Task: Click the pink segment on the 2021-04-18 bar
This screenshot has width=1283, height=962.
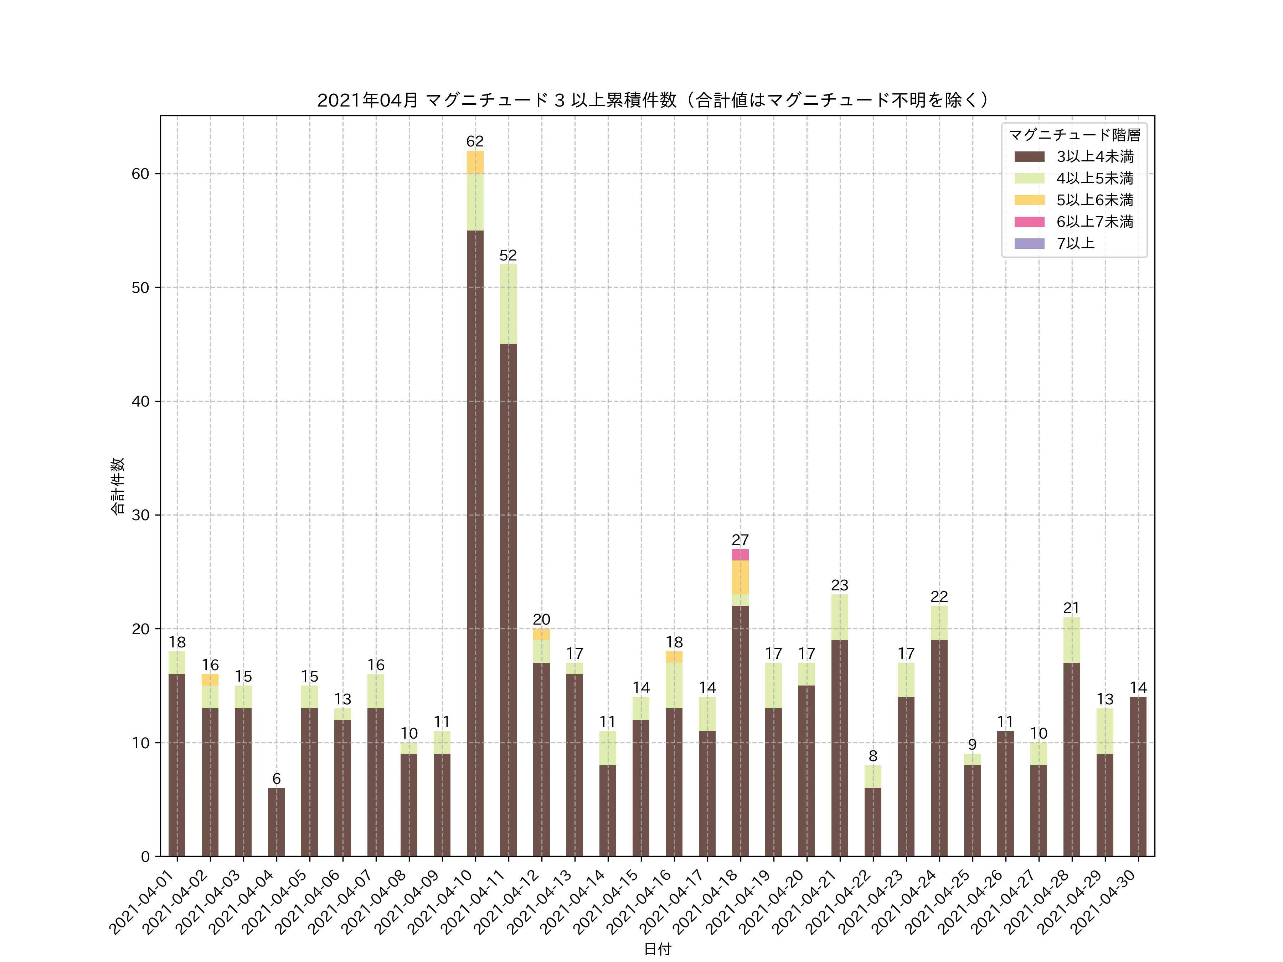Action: coord(740,554)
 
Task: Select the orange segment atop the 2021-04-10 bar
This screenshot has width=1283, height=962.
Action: coord(475,162)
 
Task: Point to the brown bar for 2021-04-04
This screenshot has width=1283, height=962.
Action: coord(276,822)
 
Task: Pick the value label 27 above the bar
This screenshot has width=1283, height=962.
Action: coord(740,540)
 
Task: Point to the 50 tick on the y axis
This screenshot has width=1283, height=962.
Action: coord(140,288)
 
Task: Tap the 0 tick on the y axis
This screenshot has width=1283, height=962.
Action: coord(145,857)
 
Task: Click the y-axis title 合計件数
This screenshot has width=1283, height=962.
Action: coord(118,486)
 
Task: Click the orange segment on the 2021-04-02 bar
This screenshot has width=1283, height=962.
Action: coord(210,679)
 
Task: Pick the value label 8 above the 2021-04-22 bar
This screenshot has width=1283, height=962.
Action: coord(873,756)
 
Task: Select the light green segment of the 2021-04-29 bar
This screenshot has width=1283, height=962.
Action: coord(1105,731)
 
